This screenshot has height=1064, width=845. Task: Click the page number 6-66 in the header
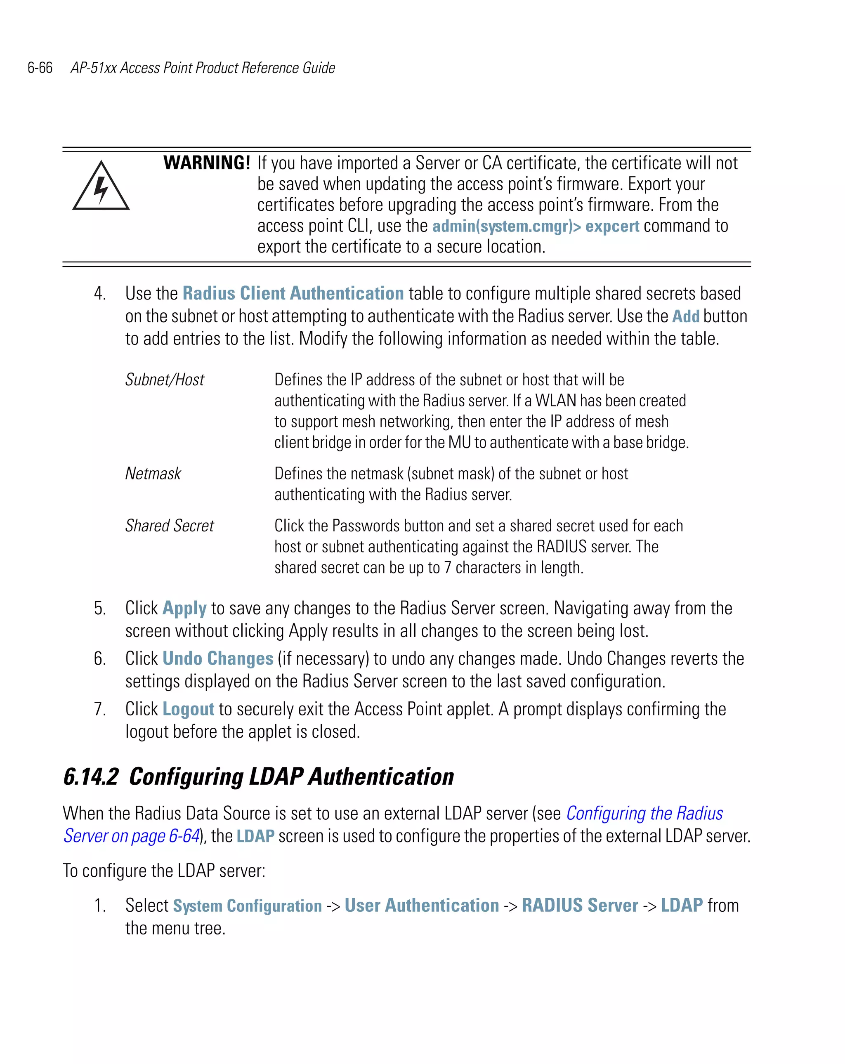(x=40, y=68)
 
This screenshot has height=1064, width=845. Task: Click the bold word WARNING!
(x=207, y=163)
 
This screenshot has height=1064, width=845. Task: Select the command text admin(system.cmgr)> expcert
(x=536, y=226)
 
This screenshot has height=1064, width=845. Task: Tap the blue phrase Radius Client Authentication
(x=293, y=293)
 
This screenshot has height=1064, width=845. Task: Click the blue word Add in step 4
(x=686, y=316)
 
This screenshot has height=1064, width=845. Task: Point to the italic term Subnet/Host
(x=164, y=380)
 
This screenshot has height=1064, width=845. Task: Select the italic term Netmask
(x=153, y=473)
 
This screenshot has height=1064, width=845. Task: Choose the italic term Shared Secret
(x=169, y=526)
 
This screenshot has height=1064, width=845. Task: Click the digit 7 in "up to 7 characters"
(x=447, y=568)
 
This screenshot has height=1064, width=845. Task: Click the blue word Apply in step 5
(x=184, y=608)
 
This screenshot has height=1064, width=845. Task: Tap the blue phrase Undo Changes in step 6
(x=218, y=658)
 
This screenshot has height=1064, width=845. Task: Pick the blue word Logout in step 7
(x=188, y=709)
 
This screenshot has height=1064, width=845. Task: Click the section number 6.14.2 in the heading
(x=91, y=776)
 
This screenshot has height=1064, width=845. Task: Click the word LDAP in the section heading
(x=276, y=776)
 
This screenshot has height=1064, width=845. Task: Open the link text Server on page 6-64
(x=131, y=836)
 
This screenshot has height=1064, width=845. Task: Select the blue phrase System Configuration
(x=247, y=906)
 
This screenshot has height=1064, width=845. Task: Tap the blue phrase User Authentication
(x=422, y=906)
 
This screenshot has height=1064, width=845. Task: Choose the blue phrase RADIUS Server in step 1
(x=580, y=906)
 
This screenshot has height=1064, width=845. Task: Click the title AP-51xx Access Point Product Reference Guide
(x=203, y=68)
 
